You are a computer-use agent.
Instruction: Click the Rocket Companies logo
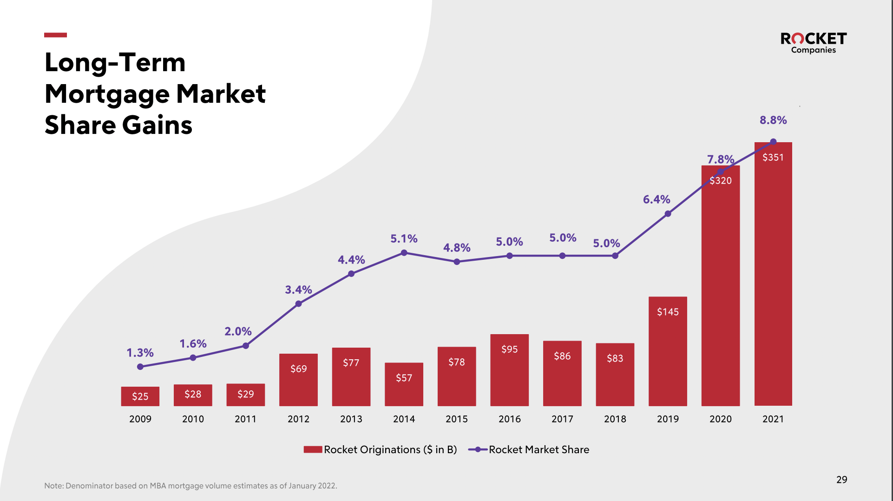click(813, 43)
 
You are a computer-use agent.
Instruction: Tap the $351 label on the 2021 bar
click(773, 158)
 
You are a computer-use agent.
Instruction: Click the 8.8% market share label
click(773, 120)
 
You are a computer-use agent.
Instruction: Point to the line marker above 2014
click(404, 253)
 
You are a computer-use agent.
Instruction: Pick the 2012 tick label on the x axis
click(298, 419)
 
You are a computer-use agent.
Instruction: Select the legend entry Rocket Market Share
click(530, 449)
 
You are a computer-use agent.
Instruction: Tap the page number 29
click(841, 480)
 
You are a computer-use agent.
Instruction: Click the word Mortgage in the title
click(108, 94)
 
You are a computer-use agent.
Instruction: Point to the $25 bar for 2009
click(140, 396)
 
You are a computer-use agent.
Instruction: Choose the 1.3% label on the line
click(140, 353)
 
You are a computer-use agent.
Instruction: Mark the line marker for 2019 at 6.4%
click(668, 214)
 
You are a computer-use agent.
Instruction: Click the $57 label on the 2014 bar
click(404, 378)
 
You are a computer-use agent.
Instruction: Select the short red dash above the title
click(55, 35)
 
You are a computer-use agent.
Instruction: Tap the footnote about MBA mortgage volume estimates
click(190, 486)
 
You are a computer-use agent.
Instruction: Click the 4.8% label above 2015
click(457, 248)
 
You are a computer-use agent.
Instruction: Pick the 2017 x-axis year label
click(562, 419)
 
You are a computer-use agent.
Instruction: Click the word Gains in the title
click(157, 125)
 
